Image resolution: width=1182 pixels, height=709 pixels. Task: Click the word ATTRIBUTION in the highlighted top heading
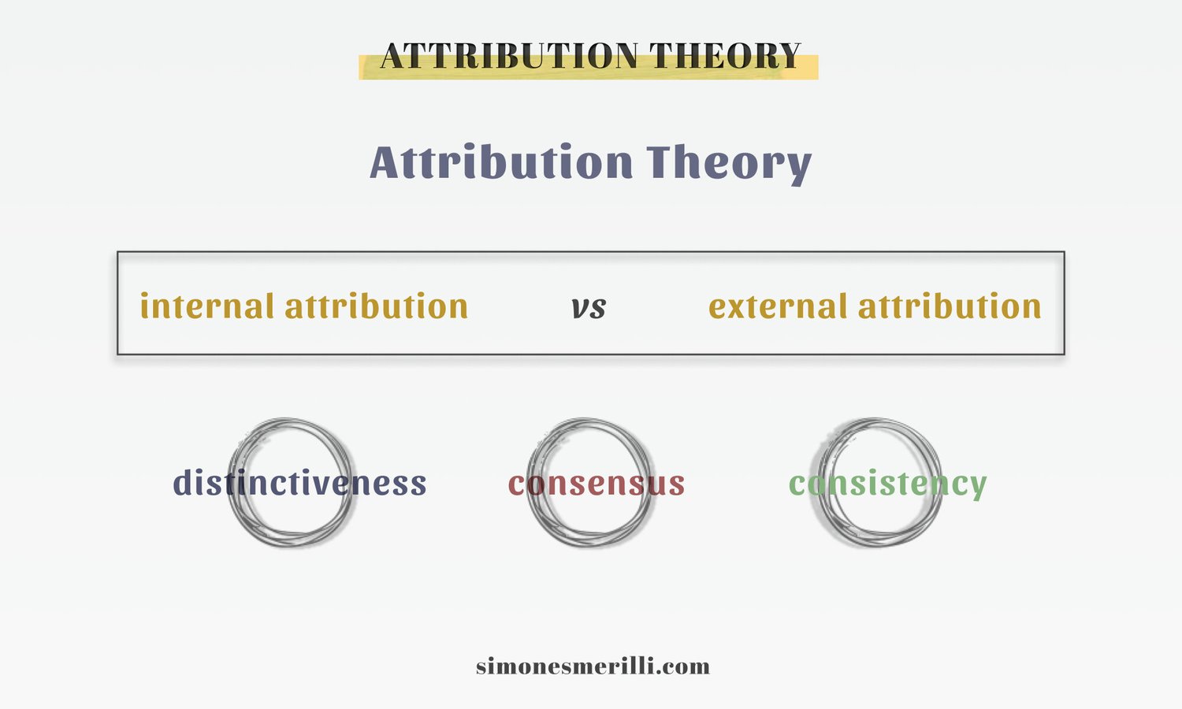(510, 57)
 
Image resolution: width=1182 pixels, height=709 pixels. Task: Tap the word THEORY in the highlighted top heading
(725, 57)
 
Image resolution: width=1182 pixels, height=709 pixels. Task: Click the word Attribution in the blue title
(501, 162)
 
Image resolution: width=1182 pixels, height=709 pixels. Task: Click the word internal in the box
(206, 306)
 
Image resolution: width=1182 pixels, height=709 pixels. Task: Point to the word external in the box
(777, 306)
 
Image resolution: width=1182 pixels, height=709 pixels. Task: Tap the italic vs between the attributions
(589, 307)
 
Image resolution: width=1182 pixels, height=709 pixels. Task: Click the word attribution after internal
(377, 306)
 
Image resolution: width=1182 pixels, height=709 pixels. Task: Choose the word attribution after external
(950, 306)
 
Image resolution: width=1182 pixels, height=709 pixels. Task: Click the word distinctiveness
(299, 482)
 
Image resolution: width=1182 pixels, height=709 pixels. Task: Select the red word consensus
(596, 483)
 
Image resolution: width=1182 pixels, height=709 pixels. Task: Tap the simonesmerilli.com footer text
(593, 666)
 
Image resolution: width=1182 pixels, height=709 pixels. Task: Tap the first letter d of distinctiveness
(183, 481)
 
